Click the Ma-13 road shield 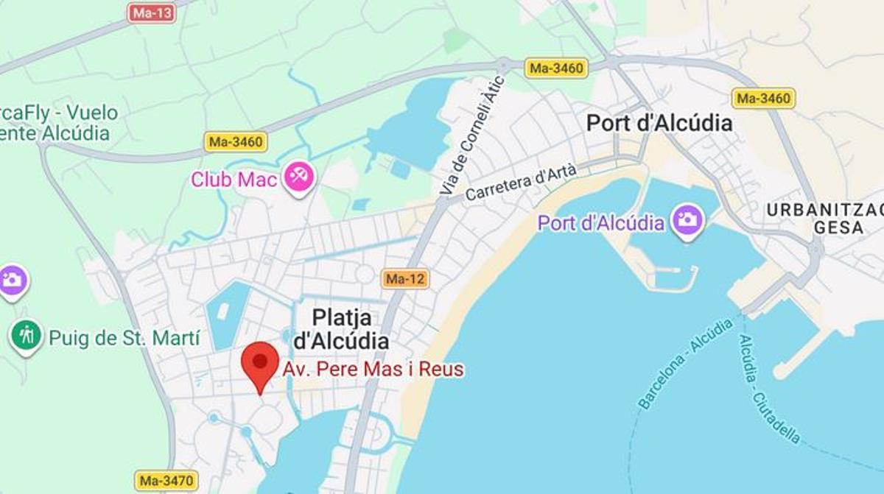(x=152, y=13)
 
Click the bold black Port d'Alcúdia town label (x=659, y=123)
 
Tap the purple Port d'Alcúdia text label (x=601, y=222)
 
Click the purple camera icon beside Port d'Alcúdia (x=688, y=220)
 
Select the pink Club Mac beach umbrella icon (x=299, y=177)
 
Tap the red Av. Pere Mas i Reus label (x=373, y=369)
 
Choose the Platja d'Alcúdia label (x=342, y=329)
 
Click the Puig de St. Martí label (x=124, y=339)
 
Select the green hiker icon (x=27, y=336)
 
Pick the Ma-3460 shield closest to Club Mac (x=236, y=142)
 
